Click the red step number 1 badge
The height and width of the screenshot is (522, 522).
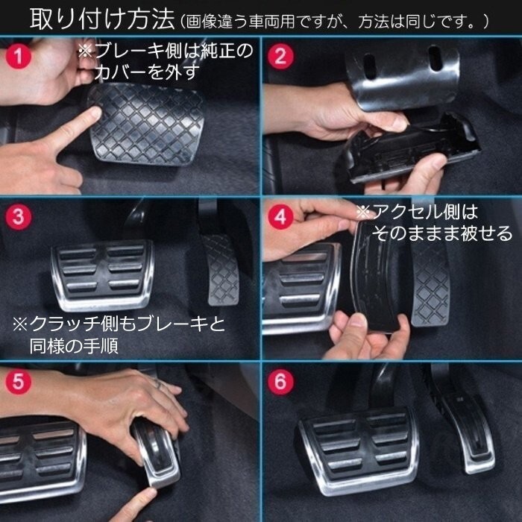(x=19, y=56)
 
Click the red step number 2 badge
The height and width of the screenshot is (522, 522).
(x=280, y=56)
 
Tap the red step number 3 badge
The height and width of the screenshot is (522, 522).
(x=19, y=217)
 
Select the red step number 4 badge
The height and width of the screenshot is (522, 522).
(x=280, y=217)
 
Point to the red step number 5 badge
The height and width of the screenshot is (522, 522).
(x=19, y=382)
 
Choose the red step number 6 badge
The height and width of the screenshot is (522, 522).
(x=280, y=382)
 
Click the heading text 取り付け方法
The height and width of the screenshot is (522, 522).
(x=102, y=19)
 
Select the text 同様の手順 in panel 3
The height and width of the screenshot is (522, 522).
(x=74, y=345)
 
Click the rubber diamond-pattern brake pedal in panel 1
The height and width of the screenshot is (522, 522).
(x=146, y=124)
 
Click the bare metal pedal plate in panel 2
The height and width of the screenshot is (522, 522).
(x=403, y=78)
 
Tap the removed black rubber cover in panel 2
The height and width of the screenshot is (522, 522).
(x=413, y=150)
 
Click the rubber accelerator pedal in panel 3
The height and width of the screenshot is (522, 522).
(x=221, y=270)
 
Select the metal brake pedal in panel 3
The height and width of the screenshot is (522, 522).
(x=103, y=274)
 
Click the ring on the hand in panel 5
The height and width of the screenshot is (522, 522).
(x=158, y=383)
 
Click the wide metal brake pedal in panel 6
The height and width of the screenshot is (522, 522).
(x=359, y=450)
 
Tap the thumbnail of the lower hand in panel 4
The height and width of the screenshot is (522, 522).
(x=358, y=320)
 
